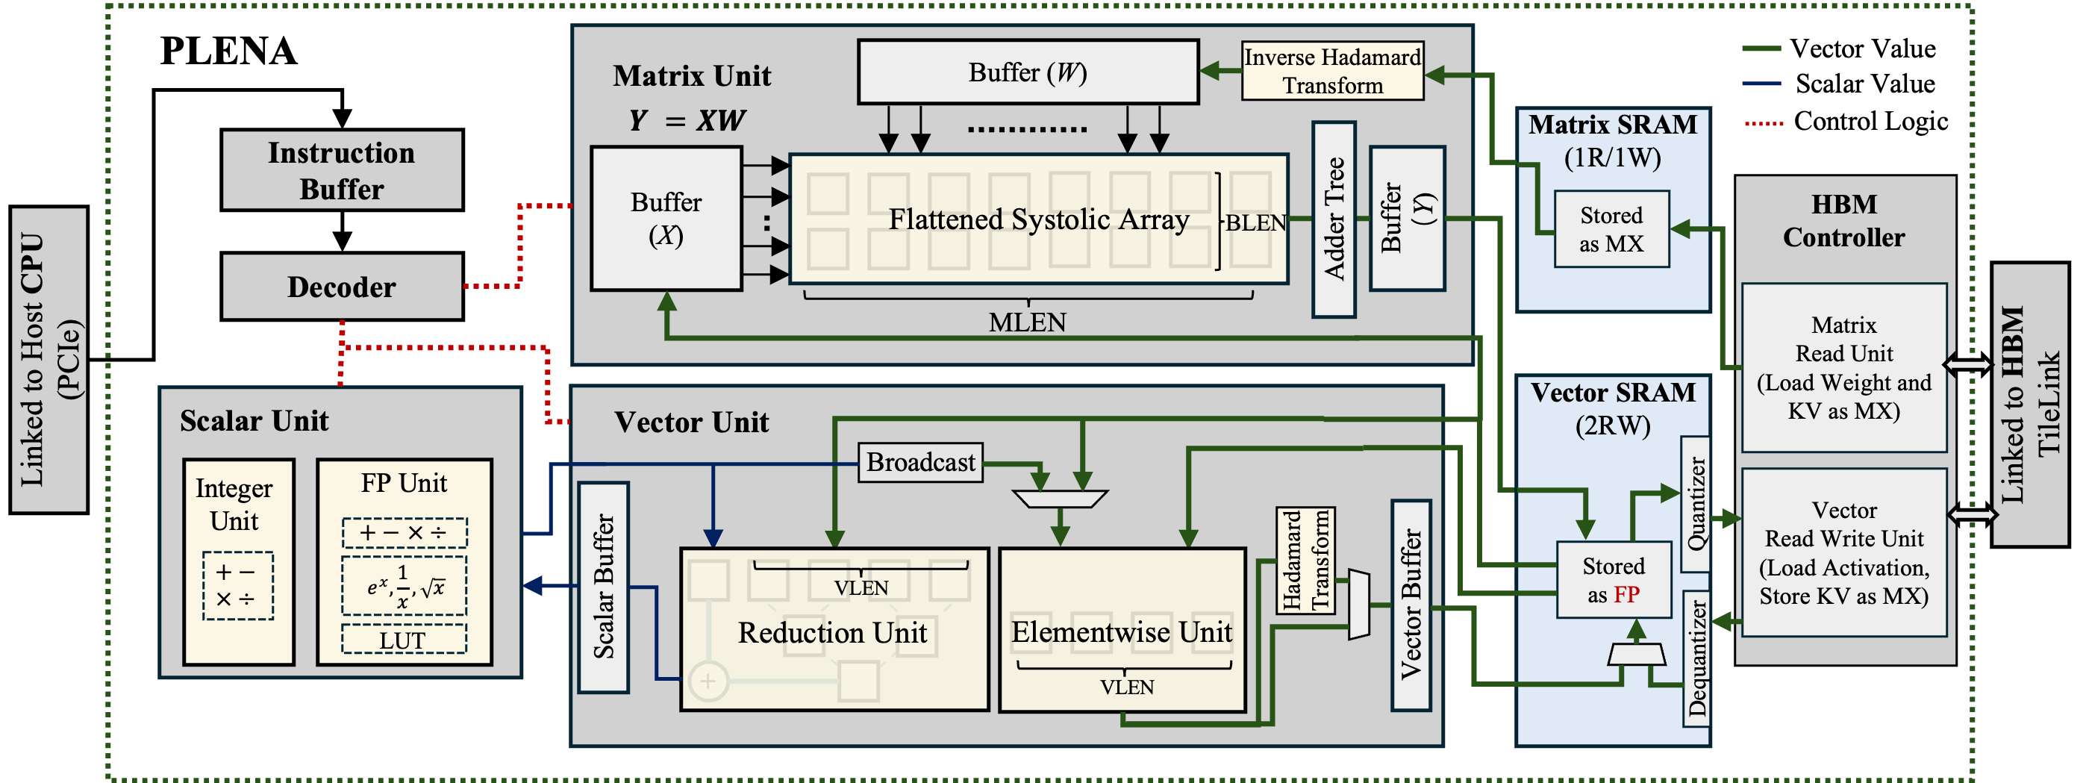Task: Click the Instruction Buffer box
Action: [x=342, y=170]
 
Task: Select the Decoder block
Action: [x=342, y=287]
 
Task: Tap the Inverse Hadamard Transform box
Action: [x=1332, y=71]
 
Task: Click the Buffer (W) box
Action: [x=1028, y=73]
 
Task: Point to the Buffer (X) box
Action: [x=666, y=219]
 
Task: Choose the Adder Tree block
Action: [x=1334, y=219]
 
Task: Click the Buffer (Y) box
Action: [x=1407, y=219]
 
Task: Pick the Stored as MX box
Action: [x=1611, y=229]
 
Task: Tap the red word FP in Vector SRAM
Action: [x=1626, y=594]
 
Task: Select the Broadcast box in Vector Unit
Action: [x=920, y=462]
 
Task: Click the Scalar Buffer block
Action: [x=603, y=587]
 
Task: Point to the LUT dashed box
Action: [x=403, y=640]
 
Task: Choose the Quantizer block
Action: [x=1695, y=504]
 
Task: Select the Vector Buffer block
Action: [x=1411, y=605]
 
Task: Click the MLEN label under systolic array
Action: [x=1027, y=322]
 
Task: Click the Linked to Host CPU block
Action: [x=49, y=360]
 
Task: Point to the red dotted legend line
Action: [x=1764, y=124]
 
